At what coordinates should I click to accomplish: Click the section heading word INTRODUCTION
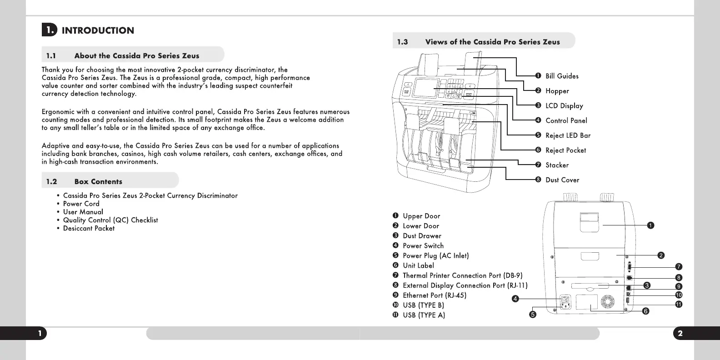click(x=98, y=30)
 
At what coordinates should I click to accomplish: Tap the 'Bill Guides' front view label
click(x=562, y=76)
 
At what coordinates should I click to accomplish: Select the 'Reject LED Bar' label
click(x=568, y=135)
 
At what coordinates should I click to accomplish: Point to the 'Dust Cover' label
click(x=562, y=180)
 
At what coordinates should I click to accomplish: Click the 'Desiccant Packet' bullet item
click(x=89, y=228)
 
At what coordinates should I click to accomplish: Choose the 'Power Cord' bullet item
click(x=81, y=204)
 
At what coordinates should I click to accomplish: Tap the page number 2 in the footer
click(x=680, y=334)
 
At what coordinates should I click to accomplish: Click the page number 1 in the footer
click(x=40, y=334)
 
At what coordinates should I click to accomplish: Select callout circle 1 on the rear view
click(x=650, y=225)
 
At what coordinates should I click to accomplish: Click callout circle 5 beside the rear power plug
click(x=533, y=314)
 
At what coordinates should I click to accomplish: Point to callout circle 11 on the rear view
click(x=679, y=304)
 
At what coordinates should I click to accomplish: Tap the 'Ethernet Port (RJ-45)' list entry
click(x=434, y=295)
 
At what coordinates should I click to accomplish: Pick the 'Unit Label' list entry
click(x=418, y=265)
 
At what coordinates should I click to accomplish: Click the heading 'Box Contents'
click(x=98, y=181)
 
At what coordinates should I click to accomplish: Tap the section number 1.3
click(x=402, y=42)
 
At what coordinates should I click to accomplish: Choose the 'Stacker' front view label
click(x=557, y=165)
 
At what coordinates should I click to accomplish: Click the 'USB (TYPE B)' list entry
click(x=423, y=305)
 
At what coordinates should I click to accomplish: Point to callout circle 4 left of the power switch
click(x=515, y=299)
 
